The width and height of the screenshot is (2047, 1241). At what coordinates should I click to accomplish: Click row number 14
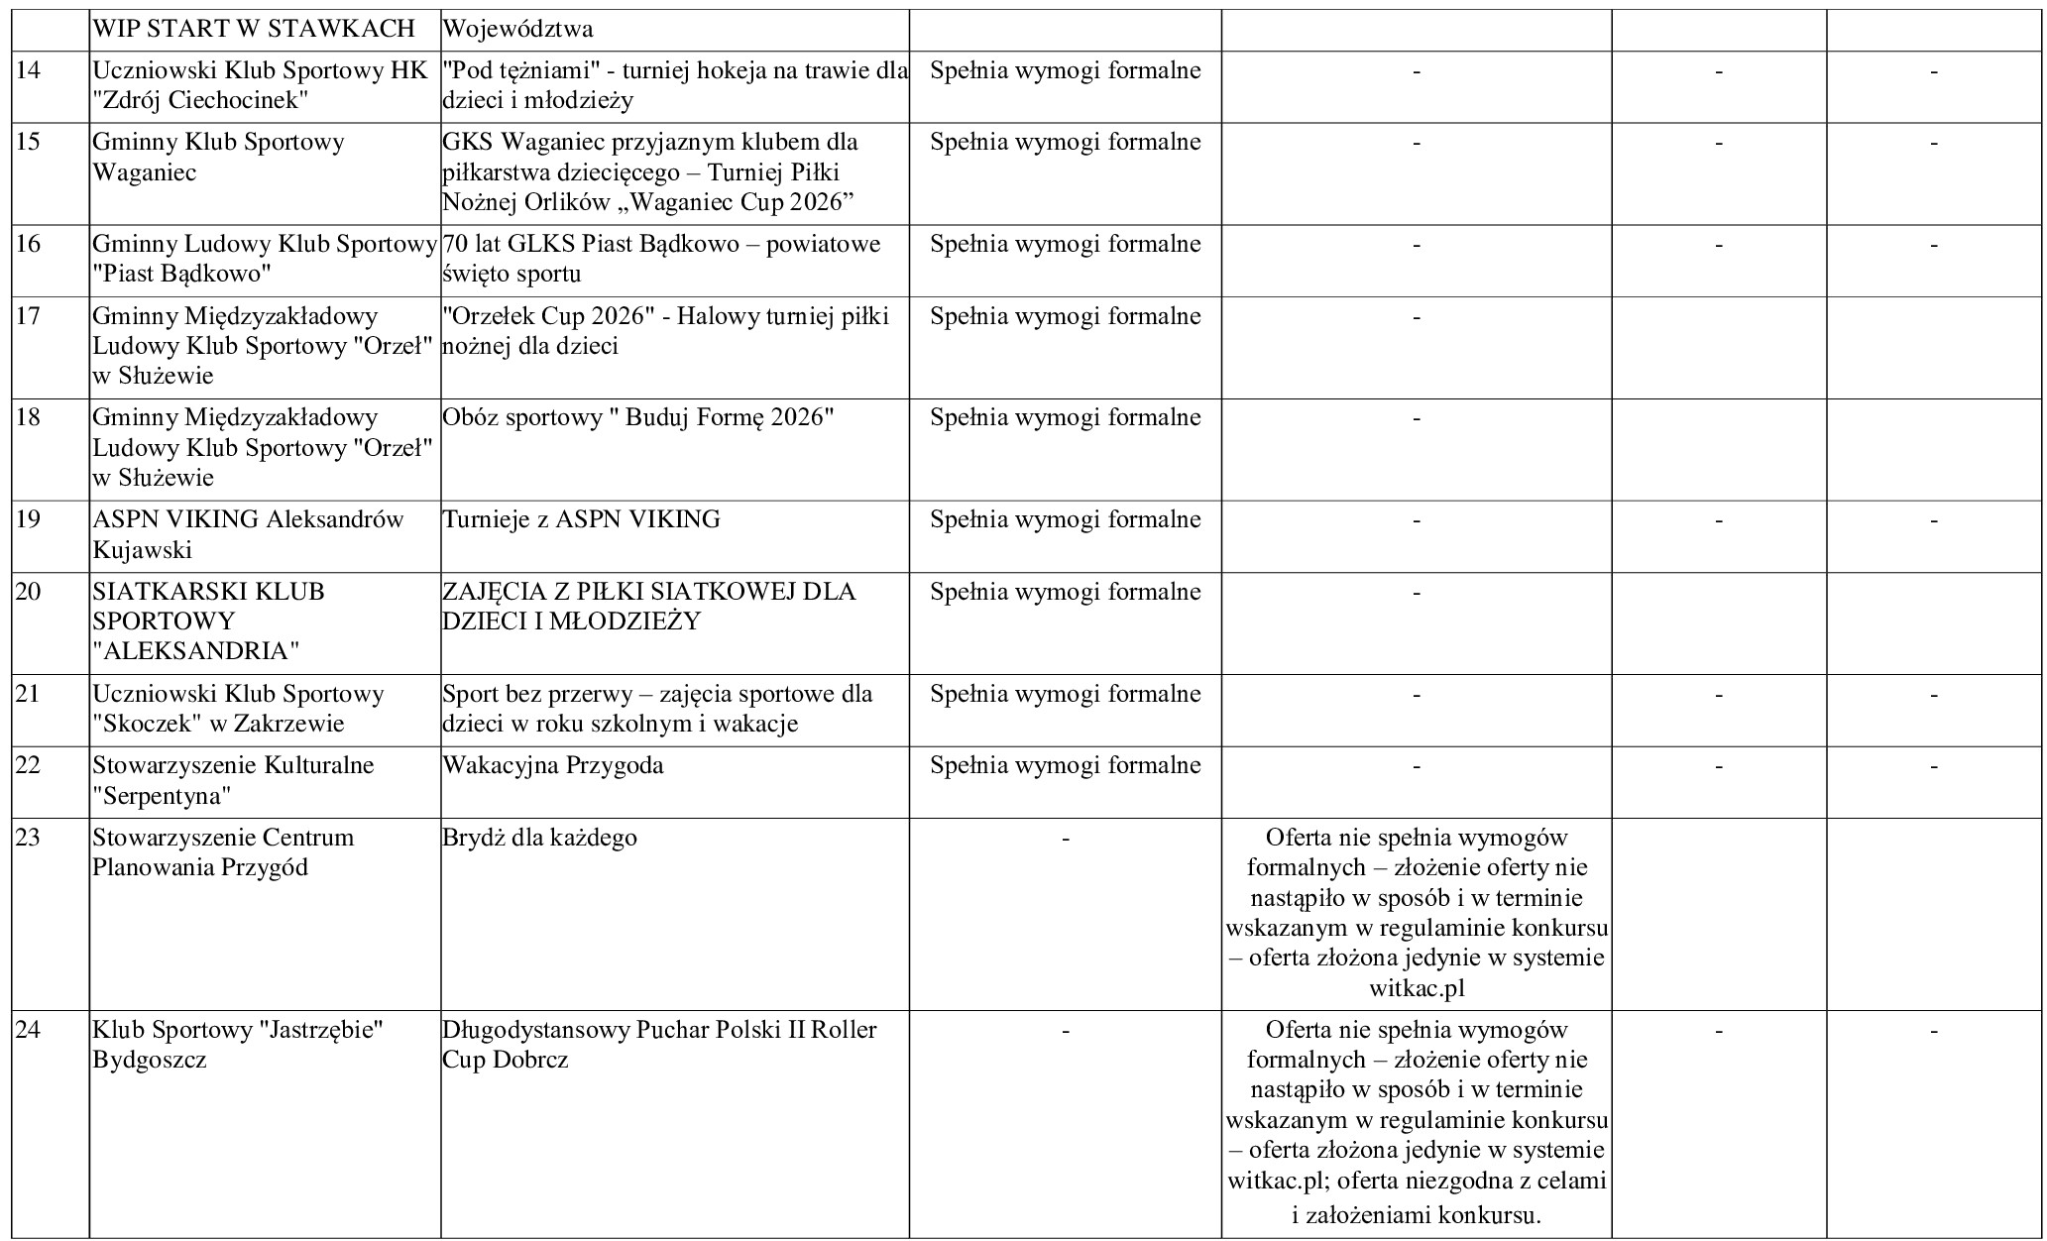(x=29, y=71)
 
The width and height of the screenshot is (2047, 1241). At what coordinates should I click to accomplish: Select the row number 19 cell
(x=29, y=519)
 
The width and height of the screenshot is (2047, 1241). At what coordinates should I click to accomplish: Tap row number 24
(x=29, y=1030)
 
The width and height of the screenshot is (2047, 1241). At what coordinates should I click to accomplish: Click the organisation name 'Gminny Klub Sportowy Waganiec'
(x=218, y=157)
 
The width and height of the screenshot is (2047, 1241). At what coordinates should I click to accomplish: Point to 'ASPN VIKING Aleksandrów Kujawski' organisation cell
(x=248, y=534)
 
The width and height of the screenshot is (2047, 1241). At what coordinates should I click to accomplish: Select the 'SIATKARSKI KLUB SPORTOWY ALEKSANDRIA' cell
(x=208, y=621)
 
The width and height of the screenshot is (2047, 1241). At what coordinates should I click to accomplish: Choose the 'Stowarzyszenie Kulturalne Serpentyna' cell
(x=233, y=780)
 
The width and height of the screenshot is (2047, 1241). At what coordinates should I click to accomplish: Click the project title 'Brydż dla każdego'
(x=539, y=838)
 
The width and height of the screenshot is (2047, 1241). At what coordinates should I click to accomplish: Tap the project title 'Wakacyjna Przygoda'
(x=553, y=765)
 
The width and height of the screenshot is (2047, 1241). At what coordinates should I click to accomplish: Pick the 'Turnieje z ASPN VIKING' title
(x=581, y=519)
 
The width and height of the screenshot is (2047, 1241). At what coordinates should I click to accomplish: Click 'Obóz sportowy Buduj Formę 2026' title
(x=638, y=417)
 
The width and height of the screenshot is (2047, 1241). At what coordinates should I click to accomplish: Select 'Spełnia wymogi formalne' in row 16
(x=1065, y=244)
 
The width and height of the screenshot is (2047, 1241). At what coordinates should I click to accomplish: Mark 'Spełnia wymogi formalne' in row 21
(x=1065, y=694)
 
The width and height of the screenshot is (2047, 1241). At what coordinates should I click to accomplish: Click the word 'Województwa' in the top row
(x=517, y=29)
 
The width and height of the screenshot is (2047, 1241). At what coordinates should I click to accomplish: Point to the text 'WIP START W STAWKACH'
(x=254, y=29)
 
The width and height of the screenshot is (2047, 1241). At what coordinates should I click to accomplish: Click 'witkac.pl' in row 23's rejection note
(x=1417, y=988)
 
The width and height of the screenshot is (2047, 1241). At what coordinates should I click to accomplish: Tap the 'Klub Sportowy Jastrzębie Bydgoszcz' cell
(x=238, y=1045)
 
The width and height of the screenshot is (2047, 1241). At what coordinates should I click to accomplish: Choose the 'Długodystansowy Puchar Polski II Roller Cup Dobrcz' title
(x=659, y=1045)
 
